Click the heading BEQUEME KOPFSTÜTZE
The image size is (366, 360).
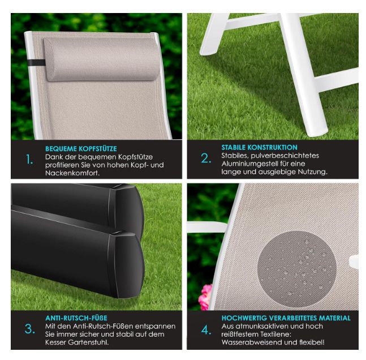tap(81, 149)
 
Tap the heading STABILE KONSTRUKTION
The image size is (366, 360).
tap(259, 147)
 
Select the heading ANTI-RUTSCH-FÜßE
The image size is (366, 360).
tap(76, 318)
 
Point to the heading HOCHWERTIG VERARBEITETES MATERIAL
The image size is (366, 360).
tap(286, 318)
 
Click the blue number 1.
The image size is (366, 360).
tap(29, 160)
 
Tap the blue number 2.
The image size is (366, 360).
tap(206, 158)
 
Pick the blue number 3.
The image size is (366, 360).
tap(30, 329)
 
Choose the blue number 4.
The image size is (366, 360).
tap(206, 330)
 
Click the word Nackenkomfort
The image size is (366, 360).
tap(72, 173)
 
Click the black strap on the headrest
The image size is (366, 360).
tap(36, 63)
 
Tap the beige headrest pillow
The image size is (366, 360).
tap(102, 59)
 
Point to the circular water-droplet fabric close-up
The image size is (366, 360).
tap(296, 270)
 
